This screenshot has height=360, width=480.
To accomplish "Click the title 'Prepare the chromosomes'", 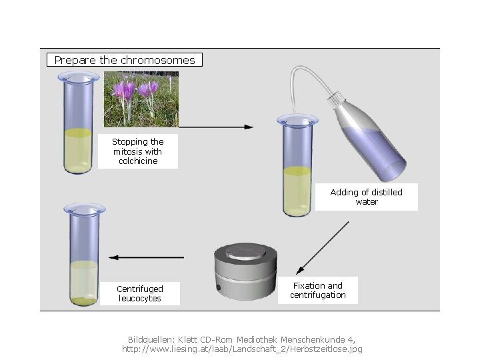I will tap(125, 60).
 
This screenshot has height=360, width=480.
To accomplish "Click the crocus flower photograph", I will tap(141, 99).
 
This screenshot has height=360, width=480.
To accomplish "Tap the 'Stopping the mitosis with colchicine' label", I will tap(137, 151).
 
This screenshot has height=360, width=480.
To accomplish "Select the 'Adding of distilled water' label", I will tap(366, 197).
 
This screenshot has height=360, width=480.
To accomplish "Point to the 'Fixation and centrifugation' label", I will tap(317, 290).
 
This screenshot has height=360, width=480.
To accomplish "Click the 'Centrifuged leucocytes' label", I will tap(139, 293).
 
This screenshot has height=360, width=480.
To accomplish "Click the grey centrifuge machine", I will tap(245, 272).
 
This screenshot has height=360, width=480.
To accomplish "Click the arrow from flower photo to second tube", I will tap(217, 127).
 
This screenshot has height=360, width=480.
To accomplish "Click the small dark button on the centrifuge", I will tap(218, 287).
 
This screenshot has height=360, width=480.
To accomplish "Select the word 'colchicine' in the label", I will tap(137, 161).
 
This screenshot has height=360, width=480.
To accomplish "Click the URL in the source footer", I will tap(242, 349).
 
